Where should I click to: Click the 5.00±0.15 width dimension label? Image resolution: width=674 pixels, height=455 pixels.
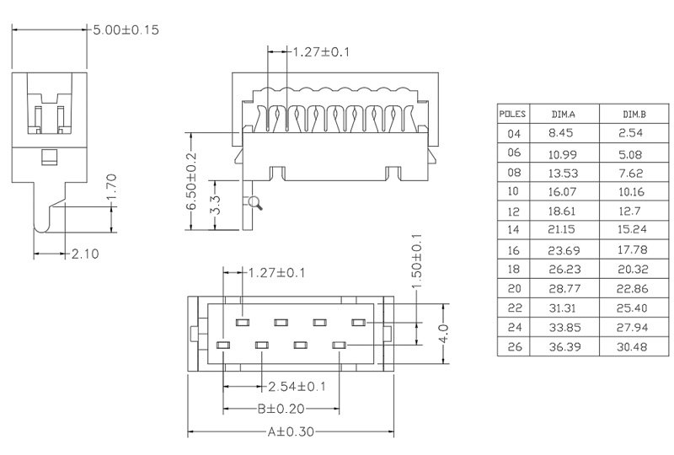[126, 29]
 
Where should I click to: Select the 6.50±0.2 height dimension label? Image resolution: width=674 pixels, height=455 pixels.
[191, 182]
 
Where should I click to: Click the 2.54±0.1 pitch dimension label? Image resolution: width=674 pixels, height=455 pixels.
[297, 387]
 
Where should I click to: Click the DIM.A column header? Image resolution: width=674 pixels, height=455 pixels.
[563, 113]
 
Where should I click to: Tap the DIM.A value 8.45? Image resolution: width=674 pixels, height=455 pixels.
[561, 133]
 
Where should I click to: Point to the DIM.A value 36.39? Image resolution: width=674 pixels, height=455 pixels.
[563, 346]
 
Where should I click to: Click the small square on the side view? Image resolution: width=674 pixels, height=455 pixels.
[50, 156]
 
